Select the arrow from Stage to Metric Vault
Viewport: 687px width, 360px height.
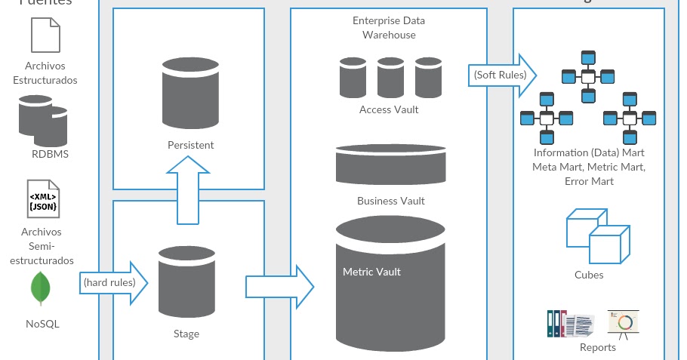point(279,286)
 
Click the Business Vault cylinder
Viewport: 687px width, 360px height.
point(390,165)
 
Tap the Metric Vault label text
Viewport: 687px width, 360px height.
point(371,272)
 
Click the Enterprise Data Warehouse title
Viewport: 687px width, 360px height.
point(388,29)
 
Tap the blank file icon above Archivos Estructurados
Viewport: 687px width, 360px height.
point(45,35)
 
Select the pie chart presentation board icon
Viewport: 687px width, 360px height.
point(624,322)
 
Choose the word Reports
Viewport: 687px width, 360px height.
point(598,347)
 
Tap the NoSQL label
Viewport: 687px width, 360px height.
point(42,324)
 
